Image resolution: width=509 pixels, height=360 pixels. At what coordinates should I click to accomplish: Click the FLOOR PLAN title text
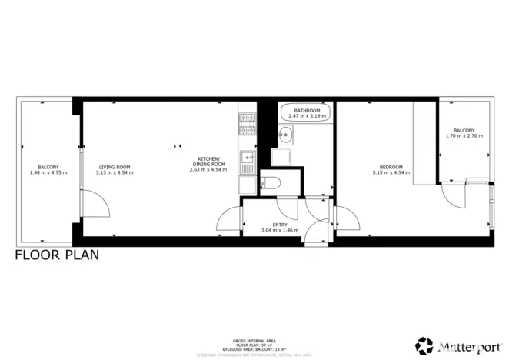tap(57, 255)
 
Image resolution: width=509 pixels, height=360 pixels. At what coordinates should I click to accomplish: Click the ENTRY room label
tap(279, 225)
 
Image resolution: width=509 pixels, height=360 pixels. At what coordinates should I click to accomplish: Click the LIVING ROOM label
tap(114, 167)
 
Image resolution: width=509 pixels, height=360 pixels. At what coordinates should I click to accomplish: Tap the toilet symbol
tap(268, 182)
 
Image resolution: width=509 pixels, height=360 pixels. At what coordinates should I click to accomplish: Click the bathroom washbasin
tap(286, 138)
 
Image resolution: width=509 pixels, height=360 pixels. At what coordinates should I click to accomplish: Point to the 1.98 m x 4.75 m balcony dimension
tap(48, 172)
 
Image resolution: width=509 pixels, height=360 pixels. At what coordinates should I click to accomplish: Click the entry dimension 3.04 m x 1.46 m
tap(279, 230)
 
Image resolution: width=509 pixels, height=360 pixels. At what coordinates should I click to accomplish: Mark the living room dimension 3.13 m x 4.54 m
tap(114, 172)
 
